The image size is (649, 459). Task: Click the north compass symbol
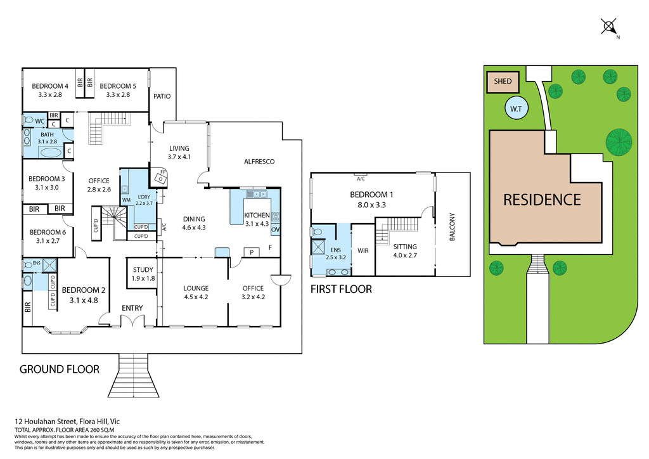(608, 27)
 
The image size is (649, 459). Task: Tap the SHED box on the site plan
(503, 81)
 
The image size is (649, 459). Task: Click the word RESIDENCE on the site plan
(542, 200)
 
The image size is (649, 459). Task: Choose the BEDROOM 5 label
(118, 86)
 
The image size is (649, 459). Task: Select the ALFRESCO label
(259, 162)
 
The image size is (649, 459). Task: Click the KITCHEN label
(257, 216)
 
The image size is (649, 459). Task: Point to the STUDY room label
(143, 270)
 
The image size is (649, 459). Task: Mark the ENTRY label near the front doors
(132, 308)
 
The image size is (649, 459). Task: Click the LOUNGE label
(195, 288)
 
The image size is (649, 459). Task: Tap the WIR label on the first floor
(363, 251)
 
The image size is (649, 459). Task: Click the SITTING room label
(405, 247)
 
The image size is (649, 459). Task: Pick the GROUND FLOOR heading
(60, 369)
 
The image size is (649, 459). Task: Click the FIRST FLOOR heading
(341, 289)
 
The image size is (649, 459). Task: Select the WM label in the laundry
(126, 200)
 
